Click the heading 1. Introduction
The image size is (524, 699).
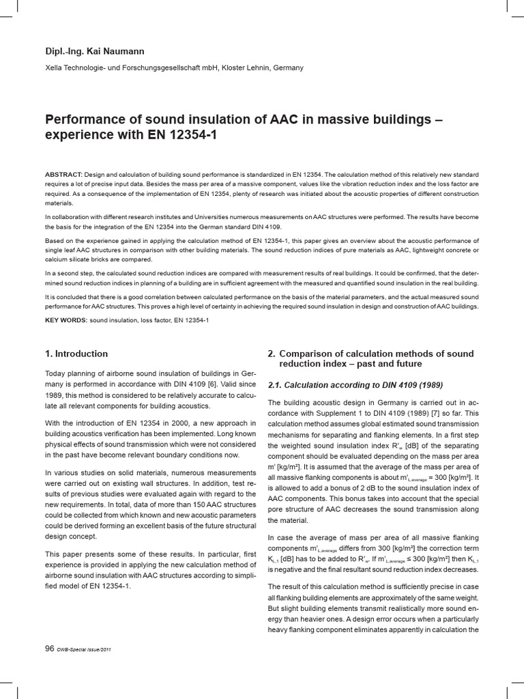coord(76,354)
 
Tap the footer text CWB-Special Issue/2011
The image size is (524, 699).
coord(85,649)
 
